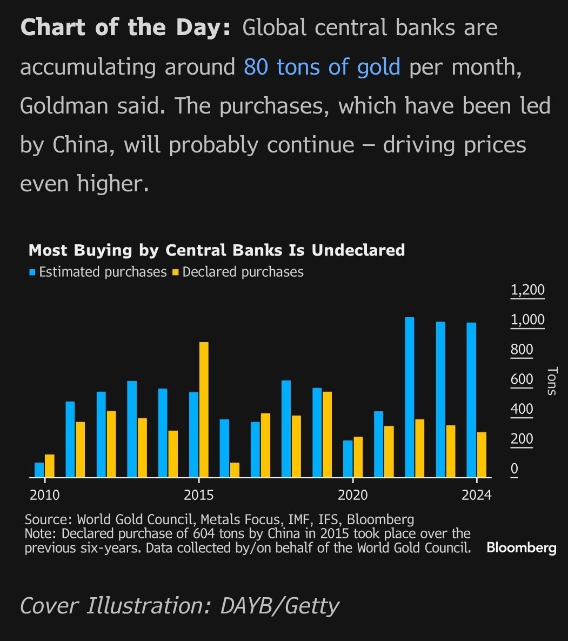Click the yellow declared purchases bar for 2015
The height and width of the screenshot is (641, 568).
(204, 410)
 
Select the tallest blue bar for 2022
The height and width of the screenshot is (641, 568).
(410, 397)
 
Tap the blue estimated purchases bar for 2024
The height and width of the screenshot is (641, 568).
(471, 400)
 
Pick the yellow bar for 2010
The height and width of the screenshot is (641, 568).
(50, 466)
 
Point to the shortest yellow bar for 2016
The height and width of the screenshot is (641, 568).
(235, 470)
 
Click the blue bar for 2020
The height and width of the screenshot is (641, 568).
(348, 459)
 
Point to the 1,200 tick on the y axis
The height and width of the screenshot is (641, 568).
(527, 290)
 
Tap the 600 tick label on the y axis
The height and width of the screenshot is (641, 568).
(522, 379)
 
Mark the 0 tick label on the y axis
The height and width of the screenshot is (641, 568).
(514, 469)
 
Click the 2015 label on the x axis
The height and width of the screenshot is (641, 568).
(199, 495)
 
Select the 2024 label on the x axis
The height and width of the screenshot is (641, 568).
(476, 495)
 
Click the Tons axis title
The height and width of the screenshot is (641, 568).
(551, 380)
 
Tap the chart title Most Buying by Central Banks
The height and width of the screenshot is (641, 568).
(216, 250)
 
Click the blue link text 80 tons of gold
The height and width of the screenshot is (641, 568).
(322, 67)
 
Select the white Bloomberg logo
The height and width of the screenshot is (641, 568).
(521, 547)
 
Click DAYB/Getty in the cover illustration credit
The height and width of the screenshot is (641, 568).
(279, 605)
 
